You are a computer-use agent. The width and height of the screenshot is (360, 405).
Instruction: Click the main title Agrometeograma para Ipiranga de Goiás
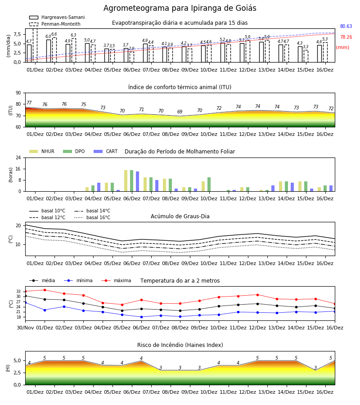tap(180, 8)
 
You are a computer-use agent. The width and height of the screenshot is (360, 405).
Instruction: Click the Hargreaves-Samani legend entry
tap(57, 17)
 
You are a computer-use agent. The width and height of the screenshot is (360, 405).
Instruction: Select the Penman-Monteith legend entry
tap(55, 24)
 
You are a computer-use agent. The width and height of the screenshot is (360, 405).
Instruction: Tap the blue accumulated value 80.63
tap(346, 26)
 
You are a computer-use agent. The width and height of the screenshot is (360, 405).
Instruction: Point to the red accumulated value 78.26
tap(346, 37)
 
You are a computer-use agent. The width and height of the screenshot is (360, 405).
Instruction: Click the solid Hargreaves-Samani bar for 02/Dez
tap(49, 51)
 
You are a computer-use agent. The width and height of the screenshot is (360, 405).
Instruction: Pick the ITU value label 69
tap(180, 112)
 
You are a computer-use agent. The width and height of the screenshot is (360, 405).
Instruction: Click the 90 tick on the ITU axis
tap(18, 93)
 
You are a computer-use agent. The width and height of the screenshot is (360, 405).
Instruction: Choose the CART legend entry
tap(106, 151)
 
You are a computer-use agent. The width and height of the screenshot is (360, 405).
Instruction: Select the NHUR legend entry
tap(42, 151)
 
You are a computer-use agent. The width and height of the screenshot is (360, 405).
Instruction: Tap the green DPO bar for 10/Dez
tap(209, 184)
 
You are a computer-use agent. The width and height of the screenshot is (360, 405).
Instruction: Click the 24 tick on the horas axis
tap(18, 157)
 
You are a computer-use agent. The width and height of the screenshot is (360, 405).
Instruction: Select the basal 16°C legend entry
tap(92, 217)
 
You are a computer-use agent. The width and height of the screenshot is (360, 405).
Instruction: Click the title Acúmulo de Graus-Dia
tap(180, 216)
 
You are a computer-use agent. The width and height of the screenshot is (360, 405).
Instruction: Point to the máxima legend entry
tap(116, 280)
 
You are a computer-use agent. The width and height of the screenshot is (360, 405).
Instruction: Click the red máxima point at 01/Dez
tap(45, 290)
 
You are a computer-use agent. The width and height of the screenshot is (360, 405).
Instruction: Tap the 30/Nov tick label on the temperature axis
tap(25, 328)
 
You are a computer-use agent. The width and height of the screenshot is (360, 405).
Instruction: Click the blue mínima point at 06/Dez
tap(141, 317)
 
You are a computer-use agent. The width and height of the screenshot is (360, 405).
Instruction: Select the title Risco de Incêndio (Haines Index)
tap(180, 345)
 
